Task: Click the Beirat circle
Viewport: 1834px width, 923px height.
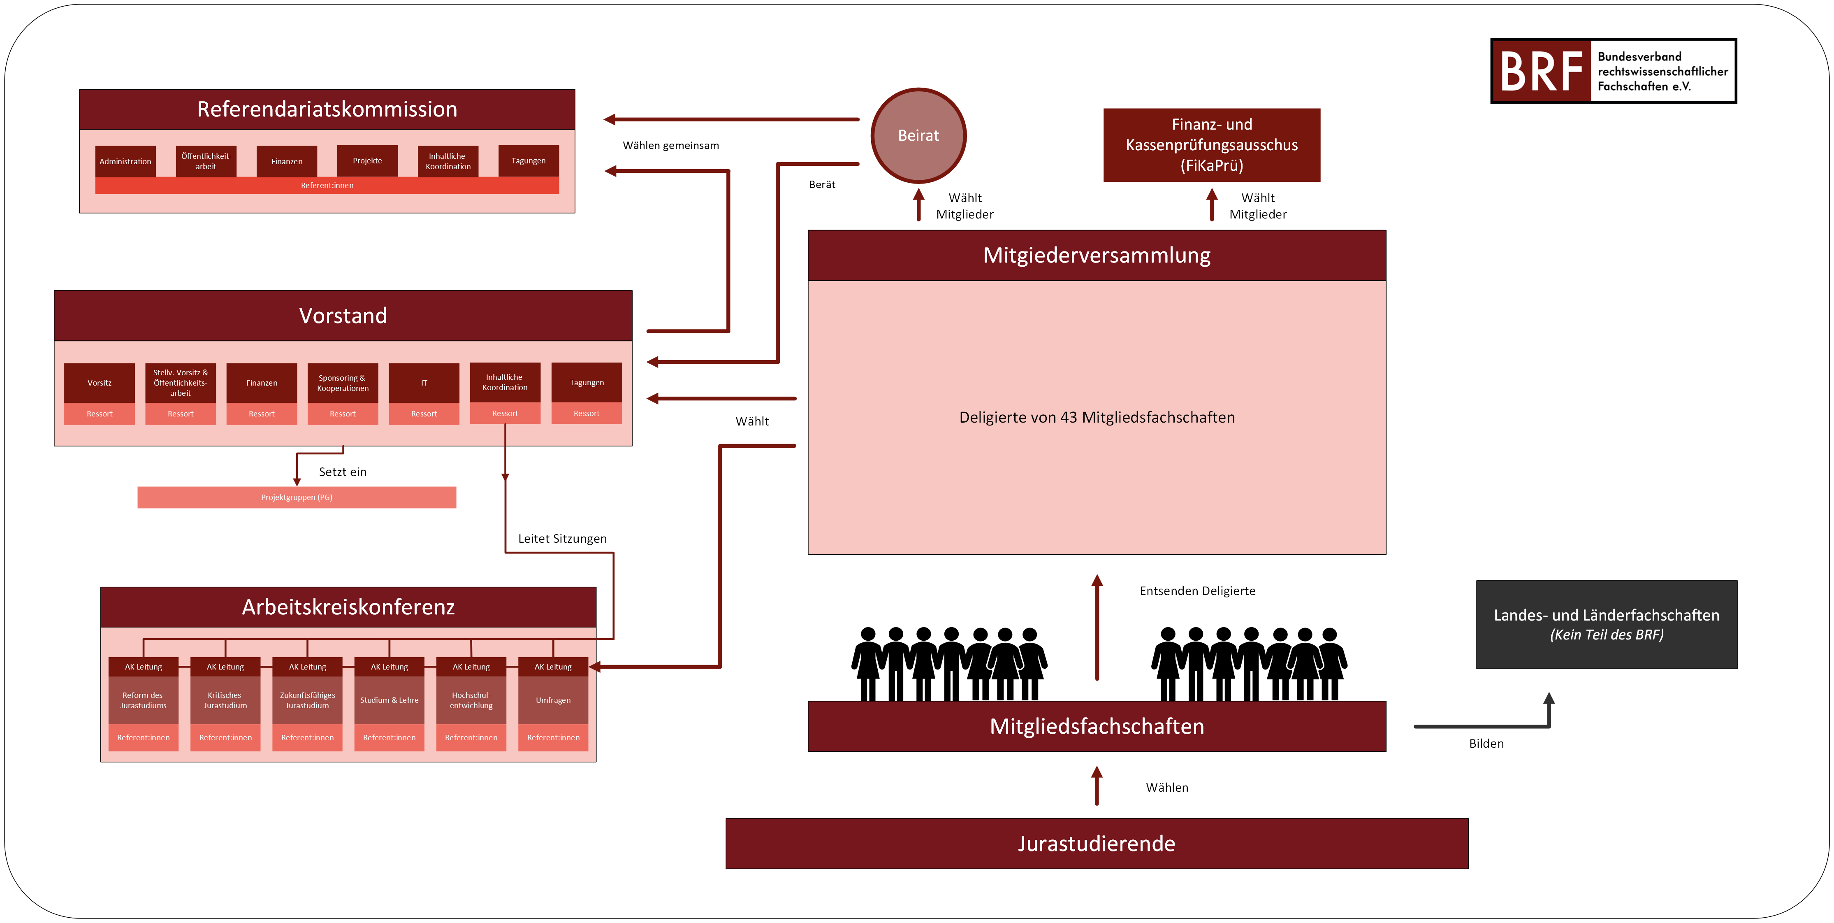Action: click(918, 135)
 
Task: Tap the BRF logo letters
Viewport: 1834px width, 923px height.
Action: click(1542, 71)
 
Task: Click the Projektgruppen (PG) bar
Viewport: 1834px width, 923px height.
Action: click(297, 497)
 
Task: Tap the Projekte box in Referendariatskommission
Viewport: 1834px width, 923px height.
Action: click(367, 161)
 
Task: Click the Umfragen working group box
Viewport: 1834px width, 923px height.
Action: click(553, 700)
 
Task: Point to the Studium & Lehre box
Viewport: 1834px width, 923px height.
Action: click(390, 700)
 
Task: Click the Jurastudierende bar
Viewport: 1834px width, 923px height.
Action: click(1097, 843)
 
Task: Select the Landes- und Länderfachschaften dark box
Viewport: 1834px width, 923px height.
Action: click(1607, 625)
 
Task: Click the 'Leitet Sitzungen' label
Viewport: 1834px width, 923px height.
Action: click(562, 538)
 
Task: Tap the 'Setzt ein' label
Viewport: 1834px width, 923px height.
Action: click(343, 472)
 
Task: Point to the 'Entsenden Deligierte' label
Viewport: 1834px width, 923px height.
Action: click(1198, 591)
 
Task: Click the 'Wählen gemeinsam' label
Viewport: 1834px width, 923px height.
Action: click(671, 145)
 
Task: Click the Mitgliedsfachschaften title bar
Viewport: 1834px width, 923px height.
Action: click(1097, 726)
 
